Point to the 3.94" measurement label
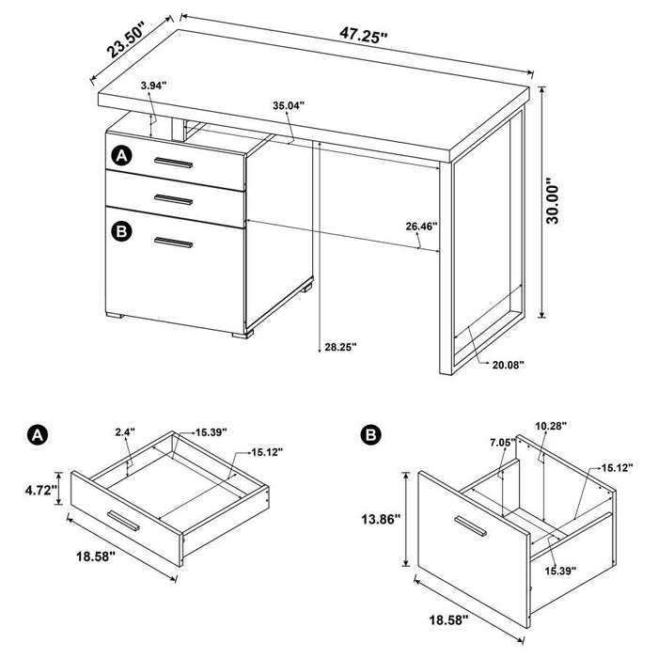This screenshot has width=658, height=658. tap(152, 86)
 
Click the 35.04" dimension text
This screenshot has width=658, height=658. tap(288, 106)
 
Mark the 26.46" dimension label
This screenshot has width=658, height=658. tap(422, 227)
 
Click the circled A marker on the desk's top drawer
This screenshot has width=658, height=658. tap(120, 155)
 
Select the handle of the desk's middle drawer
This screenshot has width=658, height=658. tap(173, 197)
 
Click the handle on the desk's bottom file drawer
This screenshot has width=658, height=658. tap(173, 244)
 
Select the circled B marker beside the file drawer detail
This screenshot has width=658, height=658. tap(370, 434)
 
